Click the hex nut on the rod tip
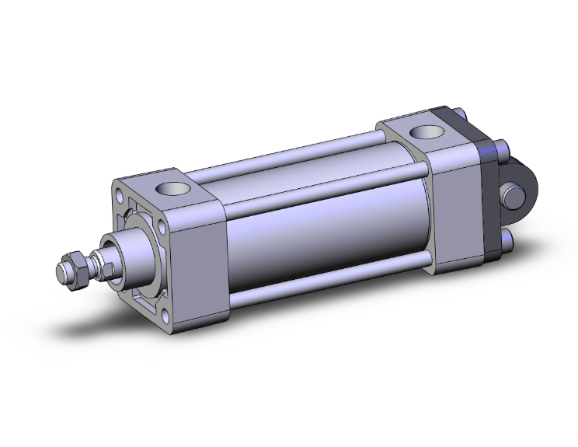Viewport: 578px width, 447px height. [76, 269]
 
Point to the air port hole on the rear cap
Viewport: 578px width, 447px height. [425, 134]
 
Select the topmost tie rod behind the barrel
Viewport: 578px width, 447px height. [311, 155]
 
